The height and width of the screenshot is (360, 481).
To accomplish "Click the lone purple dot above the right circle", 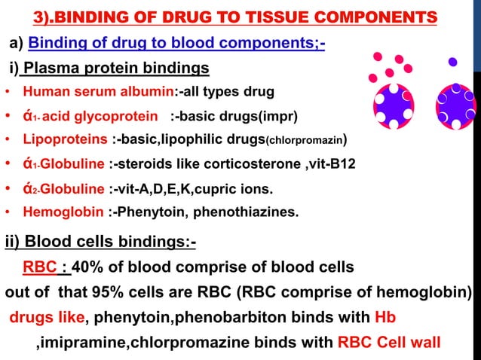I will tap(452, 62).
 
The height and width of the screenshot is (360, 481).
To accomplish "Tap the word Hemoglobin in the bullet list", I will tap(63, 212).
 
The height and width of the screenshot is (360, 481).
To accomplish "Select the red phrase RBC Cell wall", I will tap(389, 342).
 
